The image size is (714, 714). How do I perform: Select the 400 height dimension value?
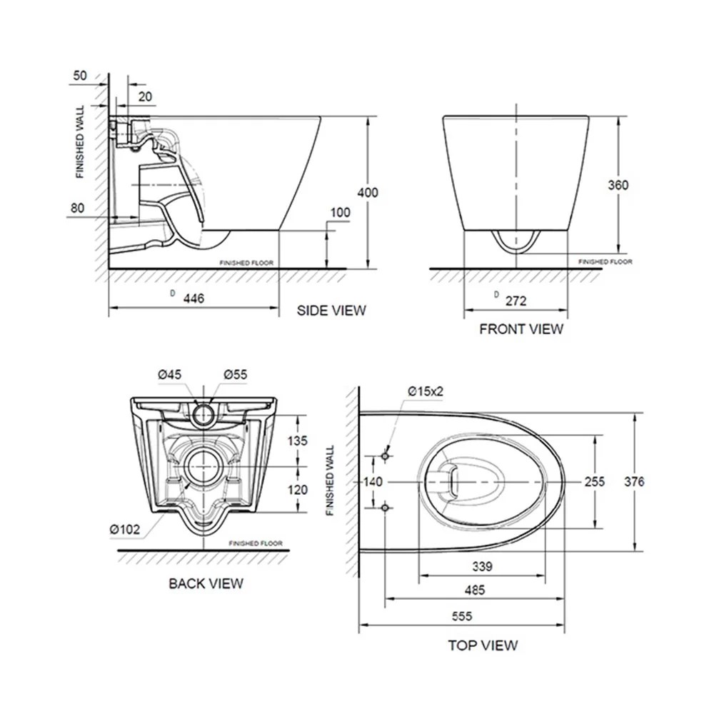point(368,193)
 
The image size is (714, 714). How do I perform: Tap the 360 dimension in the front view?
point(618,185)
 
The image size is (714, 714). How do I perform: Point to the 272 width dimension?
point(516,301)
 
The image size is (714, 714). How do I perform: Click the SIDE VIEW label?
point(331,310)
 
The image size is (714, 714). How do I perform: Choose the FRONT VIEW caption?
point(521,329)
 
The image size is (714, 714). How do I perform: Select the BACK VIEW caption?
point(206,583)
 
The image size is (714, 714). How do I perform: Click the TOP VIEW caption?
point(482,645)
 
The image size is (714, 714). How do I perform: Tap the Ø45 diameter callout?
point(171,374)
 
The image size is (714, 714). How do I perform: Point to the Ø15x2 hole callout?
point(428,391)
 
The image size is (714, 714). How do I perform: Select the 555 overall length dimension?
point(461,615)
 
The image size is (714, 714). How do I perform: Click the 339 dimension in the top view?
point(482,566)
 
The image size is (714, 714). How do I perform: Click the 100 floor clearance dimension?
point(341,213)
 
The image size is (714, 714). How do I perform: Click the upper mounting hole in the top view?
point(385,455)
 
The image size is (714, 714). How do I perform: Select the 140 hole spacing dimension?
point(373,482)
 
